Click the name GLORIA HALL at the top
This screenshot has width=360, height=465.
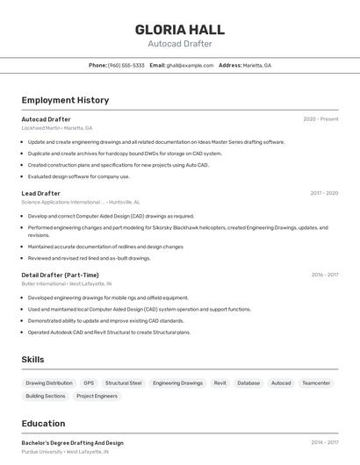[x=179, y=29]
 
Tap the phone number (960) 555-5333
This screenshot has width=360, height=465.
[x=126, y=65]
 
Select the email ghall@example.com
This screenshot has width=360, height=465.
[x=191, y=65]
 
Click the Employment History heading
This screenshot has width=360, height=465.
[x=65, y=100]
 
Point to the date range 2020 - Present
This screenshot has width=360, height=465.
[x=320, y=119]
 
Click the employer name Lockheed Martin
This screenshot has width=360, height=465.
[x=40, y=128]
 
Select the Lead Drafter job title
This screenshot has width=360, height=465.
[x=41, y=193]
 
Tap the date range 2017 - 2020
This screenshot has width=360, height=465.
[x=324, y=193]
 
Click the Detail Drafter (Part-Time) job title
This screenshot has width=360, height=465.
[x=61, y=275]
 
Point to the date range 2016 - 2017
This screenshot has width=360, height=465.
[x=324, y=275]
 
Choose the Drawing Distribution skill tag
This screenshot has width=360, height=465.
[x=49, y=383]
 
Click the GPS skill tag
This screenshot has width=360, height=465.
[x=89, y=383]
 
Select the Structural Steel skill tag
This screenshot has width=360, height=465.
[x=123, y=383]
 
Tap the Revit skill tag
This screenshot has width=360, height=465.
[x=220, y=383]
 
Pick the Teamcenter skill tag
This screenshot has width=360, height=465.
[x=316, y=383]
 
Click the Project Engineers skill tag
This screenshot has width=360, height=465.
[x=97, y=396]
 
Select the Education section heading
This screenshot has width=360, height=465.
[x=43, y=424]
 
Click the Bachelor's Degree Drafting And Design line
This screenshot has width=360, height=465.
[x=72, y=443]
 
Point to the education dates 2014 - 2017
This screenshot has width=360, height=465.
[x=324, y=443]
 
